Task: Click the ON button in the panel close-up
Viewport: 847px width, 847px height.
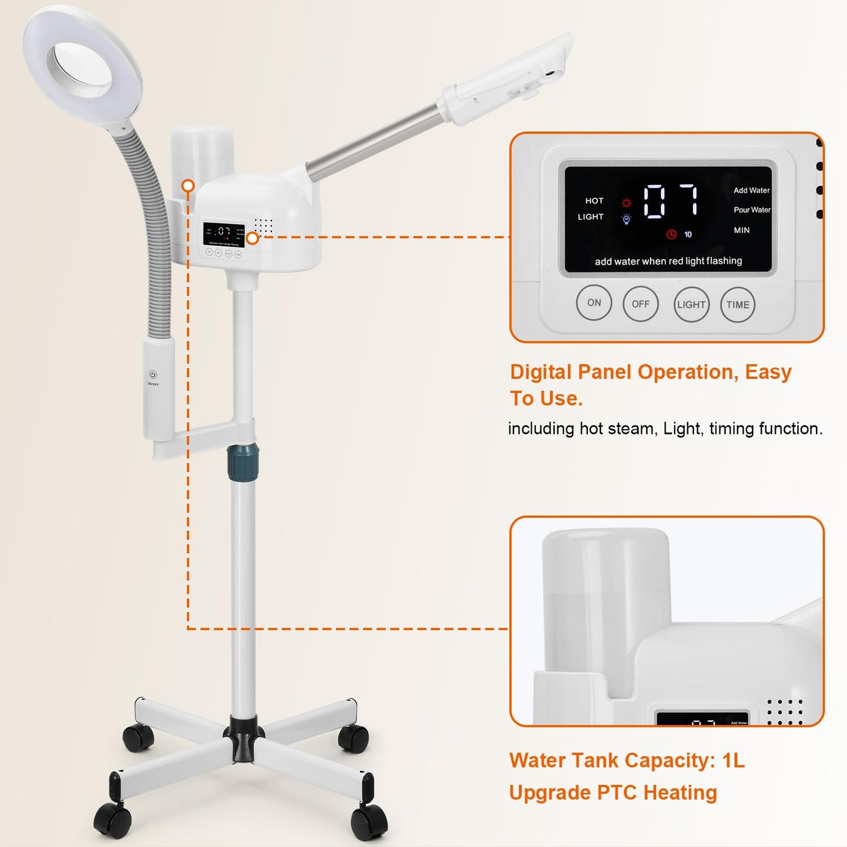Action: point(594,303)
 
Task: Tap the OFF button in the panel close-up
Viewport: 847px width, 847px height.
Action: point(640,304)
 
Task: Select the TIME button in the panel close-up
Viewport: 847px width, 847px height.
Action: point(737,305)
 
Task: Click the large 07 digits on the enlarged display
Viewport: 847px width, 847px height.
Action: point(671,201)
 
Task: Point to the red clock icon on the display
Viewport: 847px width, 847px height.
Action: point(672,234)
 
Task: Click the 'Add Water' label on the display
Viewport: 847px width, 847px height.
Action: point(751,191)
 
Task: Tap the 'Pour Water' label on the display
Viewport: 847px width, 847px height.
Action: point(751,210)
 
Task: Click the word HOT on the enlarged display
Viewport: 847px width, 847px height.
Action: point(594,201)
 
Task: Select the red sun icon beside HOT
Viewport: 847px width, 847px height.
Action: point(627,203)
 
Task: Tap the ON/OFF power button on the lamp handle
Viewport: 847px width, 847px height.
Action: point(153,375)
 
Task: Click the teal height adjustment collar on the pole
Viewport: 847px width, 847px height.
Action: point(243,460)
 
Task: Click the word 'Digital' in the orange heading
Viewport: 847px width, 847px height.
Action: point(541,372)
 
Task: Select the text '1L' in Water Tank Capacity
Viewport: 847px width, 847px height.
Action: point(733,761)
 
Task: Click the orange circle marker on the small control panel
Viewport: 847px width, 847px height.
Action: point(253,238)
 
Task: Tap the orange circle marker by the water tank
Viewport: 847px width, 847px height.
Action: point(188,186)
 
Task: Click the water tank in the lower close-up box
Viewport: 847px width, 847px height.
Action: point(606,604)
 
